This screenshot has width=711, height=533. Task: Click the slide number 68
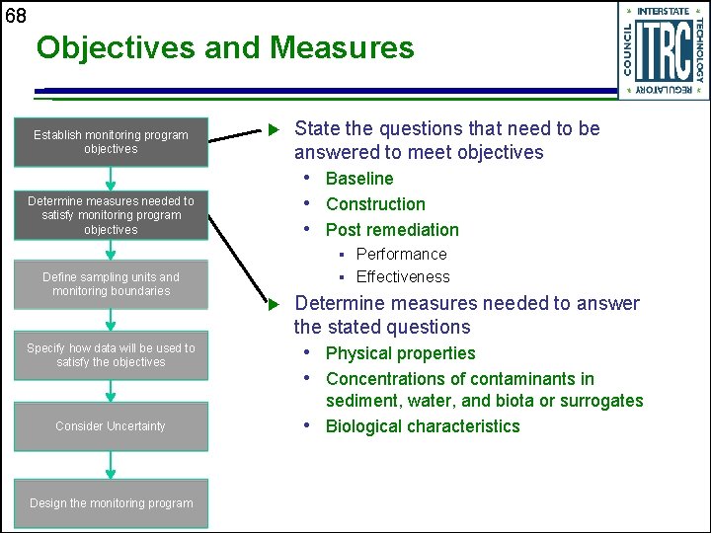tap(15, 15)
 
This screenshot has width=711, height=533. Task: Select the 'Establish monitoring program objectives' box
tap(111, 142)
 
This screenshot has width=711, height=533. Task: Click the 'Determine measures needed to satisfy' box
tap(111, 215)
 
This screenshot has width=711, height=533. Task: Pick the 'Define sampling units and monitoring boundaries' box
tap(111, 284)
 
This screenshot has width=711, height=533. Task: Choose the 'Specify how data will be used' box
tap(111, 355)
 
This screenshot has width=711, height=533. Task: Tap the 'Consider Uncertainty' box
tap(111, 426)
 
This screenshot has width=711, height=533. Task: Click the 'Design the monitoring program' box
tap(111, 503)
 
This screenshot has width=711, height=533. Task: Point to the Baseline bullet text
tap(359, 179)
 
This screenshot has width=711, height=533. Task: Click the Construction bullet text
tap(375, 204)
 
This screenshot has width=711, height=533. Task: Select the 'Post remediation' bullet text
tap(392, 230)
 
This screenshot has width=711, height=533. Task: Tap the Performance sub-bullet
tap(401, 254)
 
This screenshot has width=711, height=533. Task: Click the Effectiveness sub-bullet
tap(402, 277)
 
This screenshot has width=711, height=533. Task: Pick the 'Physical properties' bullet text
tap(400, 353)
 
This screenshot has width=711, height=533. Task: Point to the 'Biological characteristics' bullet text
tap(422, 426)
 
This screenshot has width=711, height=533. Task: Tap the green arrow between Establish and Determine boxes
tap(111, 179)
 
